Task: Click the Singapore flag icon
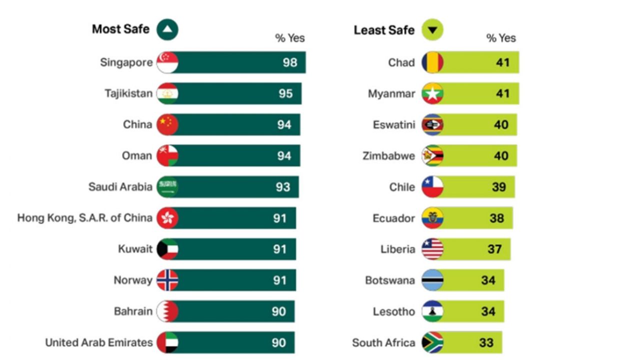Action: pyautogui.click(x=167, y=62)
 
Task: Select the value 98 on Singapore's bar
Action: pyautogui.click(x=289, y=62)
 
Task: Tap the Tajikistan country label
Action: pyautogui.click(x=128, y=93)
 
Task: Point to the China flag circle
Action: pyautogui.click(x=167, y=124)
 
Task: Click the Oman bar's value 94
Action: pyautogui.click(x=284, y=155)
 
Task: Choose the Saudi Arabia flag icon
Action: pyautogui.click(x=167, y=186)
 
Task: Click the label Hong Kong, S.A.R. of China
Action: pyautogui.click(x=85, y=218)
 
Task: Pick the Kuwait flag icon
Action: pyautogui.click(x=167, y=249)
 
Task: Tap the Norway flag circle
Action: pyautogui.click(x=167, y=280)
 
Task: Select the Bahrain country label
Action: pyautogui.click(x=133, y=311)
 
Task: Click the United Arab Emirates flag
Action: pyautogui.click(x=167, y=342)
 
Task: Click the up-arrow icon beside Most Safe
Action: pyautogui.click(x=167, y=30)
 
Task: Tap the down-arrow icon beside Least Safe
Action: pyautogui.click(x=432, y=30)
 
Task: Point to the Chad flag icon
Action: pyautogui.click(x=432, y=62)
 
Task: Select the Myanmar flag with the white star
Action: pyautogui.click(x=432, y=93)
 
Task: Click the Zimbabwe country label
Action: pyautogui.click(x=389, y=156)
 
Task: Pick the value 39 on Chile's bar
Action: pyautogui.click(x=498, y=187)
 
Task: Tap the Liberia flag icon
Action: pyautogui.click(x=432, y=249)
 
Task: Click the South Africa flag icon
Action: pyautogui.click(x=432, y=342)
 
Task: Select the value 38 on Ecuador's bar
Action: pyautogui.click(x=496, y=218)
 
